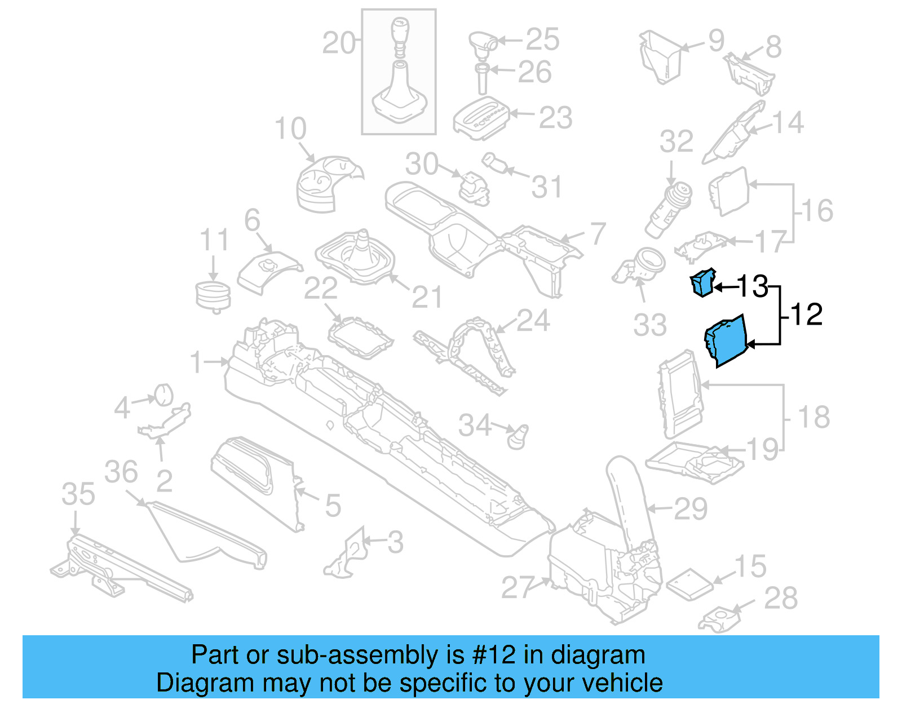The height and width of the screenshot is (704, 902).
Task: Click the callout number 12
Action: tap(807, 315)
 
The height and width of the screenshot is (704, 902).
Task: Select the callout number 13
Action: tap(752, 286)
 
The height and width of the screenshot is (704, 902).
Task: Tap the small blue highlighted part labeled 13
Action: tap(702, 282)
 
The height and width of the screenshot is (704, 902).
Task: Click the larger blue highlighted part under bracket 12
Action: tap(726, 341)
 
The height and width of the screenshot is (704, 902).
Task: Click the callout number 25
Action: tap(542, 39)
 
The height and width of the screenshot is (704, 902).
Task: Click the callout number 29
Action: tap(691, 509)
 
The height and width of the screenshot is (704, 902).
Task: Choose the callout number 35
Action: tap(78, 494)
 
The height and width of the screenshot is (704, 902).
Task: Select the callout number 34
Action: tap(475, 426)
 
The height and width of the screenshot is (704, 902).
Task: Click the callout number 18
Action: tap(813, 418)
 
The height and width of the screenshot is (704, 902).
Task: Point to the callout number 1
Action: tap(196, 362)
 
